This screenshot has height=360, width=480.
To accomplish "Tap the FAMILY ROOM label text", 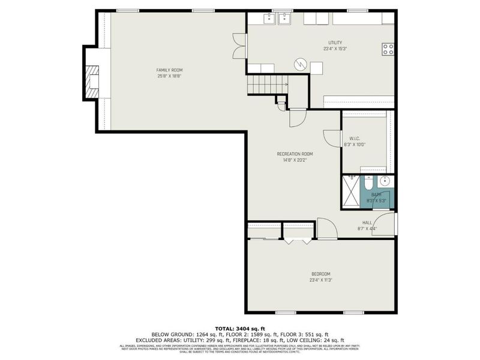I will click(x=169, y=70).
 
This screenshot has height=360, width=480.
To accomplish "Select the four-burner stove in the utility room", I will click(x=388, y=49).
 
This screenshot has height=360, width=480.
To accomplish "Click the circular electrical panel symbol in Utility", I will click(x=299, y=64).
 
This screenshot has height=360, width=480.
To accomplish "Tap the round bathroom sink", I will click(x=385, y=181).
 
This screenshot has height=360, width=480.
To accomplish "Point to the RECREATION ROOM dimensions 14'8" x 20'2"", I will click(x=295, y=160).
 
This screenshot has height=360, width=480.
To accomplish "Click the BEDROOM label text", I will click(x=321, y=274).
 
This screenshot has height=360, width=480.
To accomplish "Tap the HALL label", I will click(x=367, y=222).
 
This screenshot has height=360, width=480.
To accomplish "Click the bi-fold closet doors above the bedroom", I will click(x=298, y=241).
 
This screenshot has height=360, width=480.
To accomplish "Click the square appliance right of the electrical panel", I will click(x=316, y=69).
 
